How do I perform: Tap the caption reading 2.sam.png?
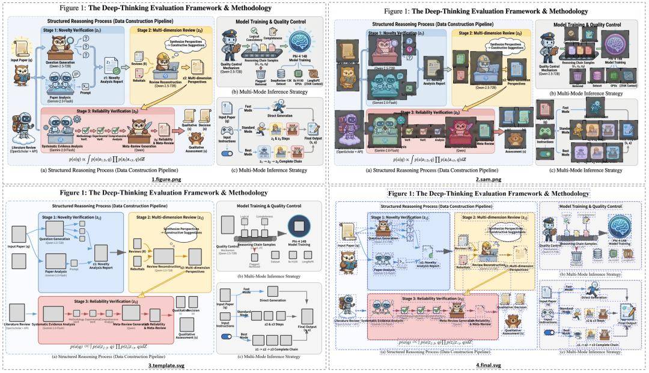[x=486, y=179]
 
